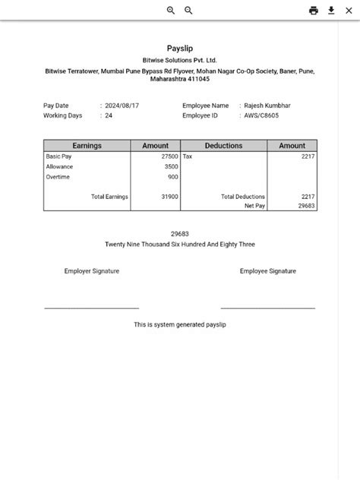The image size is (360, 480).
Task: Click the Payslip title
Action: pos(180,49)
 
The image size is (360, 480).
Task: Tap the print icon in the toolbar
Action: pos(314,11)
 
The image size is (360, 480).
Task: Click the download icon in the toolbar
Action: pos(332,11)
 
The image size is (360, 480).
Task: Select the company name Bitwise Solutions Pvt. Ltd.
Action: pos(180,60)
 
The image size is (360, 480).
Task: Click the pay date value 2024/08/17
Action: pos(122,106)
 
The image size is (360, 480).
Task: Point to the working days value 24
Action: pos(109,115)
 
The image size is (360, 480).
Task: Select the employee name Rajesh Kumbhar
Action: pos(267,106)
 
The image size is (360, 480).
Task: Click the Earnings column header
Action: pos(87,146)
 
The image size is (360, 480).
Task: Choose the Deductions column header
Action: pos(223,146)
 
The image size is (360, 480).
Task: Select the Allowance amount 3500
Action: pos(171,166)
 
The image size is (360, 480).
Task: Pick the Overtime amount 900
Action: pos(173,177)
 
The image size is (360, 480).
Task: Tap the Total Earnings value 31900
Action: pos(169,197)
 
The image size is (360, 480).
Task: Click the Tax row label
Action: pos(188,156)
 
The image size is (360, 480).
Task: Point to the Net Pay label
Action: pos(254,206)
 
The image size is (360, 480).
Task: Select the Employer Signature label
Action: pos(92,271)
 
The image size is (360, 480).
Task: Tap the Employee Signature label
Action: pos(268,271)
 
